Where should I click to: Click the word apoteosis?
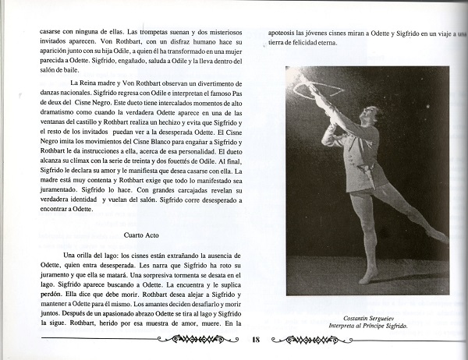point(282,34)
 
